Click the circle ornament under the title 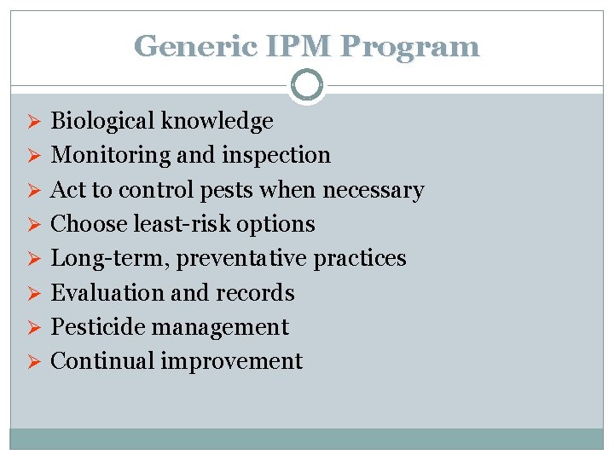[x=307, y=85]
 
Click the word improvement [x=231, y=362]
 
